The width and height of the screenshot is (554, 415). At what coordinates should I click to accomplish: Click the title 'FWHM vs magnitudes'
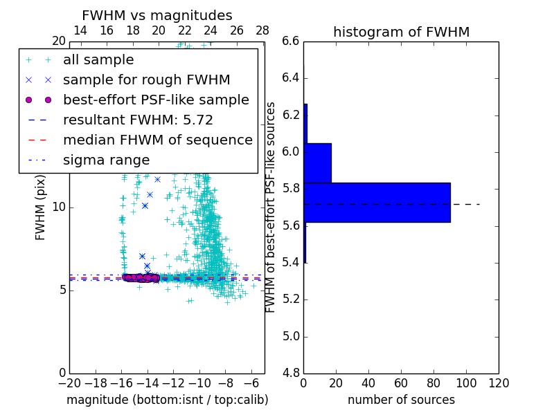(157, 16)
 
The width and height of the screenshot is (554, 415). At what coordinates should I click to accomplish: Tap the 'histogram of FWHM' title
(401, 33)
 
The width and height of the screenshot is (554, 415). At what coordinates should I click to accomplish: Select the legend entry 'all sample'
(98, 60)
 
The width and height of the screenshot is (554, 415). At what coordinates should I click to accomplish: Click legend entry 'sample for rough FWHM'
(146, 80)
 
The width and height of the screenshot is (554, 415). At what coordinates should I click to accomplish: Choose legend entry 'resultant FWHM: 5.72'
(138, 120)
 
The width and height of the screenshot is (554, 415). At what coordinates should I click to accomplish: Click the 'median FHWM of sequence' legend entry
(157, 140)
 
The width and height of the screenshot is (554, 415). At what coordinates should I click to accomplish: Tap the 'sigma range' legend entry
(106, 160)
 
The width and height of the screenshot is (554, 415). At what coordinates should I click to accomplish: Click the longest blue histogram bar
(377, 203)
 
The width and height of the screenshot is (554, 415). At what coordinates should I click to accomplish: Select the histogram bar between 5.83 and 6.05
(317, 163)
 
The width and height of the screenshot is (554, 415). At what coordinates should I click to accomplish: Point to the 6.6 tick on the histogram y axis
(291, 41)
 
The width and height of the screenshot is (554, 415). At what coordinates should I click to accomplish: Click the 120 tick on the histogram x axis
(499, 383)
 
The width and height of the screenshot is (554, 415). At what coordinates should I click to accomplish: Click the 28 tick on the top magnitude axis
(262, 31)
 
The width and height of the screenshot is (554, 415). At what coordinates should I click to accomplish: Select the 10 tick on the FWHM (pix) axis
(60, 207)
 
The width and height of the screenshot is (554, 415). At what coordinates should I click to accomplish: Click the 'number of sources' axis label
(401, 400)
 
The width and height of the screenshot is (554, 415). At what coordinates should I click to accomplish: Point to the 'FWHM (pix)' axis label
(41, 207)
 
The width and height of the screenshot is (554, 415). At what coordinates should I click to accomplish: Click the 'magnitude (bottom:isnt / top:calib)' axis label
(167, 400)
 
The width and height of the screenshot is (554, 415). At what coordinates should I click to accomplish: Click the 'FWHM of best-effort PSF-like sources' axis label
(271, 207)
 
